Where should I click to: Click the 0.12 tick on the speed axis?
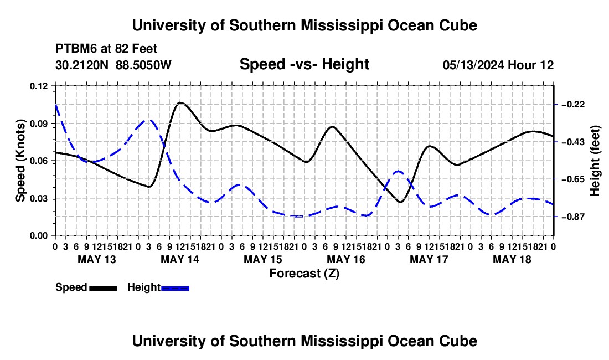pyautogui.click(x=39, y=86)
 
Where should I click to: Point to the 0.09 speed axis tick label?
pyautogui.click(x=39, y=124)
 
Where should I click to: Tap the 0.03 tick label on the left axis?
pyautogui.click(x=39, y=198)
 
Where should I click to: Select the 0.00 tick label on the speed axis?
pyautogui.click(x=39, y=236)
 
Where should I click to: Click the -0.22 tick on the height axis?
pyautogui.click(x=573, y=105)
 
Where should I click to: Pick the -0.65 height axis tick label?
pyautogui.click(x=573, y=179)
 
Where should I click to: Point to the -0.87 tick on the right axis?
pyautogui.click(x=573, y=217)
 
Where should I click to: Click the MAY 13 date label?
pyautogui.click(x=97, y=259)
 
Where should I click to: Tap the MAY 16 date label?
pyautogui.click(x=345, y=259)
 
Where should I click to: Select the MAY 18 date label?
pyautogui.click(x=512, y=259)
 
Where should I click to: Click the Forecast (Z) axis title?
pyautogui.click(x=304, y=274)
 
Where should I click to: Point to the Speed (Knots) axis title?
pyautogui.click(x=20, y=161)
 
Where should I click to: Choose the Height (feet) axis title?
pyautogui.click(x=595, y=161)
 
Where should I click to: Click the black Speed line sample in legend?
pyautogui.click(x=104, y=288)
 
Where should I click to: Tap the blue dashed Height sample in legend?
pyautogui.click(x=175, y=288)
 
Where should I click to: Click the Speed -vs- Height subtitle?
pyautogui.click(x=304, y=64)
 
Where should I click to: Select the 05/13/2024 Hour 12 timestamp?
pyautogui.click(x=498, y=65)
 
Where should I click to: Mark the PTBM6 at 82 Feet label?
pyautogui.click(x=106, y=49)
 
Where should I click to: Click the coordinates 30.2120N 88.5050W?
pyautogui.click(x=113, y=65)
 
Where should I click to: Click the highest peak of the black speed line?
pyautogui.click(x=180, y=102)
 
